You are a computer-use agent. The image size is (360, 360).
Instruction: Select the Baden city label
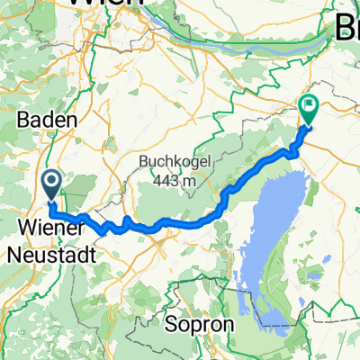(x=40, y=118)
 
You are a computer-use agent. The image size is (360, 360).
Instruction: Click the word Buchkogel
(x=170, y=162)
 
